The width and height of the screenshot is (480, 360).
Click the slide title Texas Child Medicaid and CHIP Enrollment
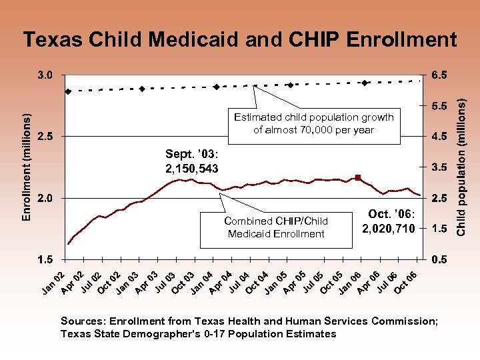point(239,39)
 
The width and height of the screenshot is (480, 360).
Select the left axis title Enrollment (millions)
point(27,167)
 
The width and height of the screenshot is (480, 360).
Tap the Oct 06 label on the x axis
point(407,281)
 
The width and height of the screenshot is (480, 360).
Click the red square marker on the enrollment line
point(358,177)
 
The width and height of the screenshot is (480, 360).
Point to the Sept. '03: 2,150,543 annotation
point(192,161)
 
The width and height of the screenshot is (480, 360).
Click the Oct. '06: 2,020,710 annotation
point(388,221)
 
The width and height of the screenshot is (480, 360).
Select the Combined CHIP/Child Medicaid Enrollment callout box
point(276,227)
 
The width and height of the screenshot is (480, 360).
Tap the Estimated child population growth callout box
point(313,124)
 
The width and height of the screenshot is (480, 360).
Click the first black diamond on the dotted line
point(68,91)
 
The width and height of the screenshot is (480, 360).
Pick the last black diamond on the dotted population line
point(365,83)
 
